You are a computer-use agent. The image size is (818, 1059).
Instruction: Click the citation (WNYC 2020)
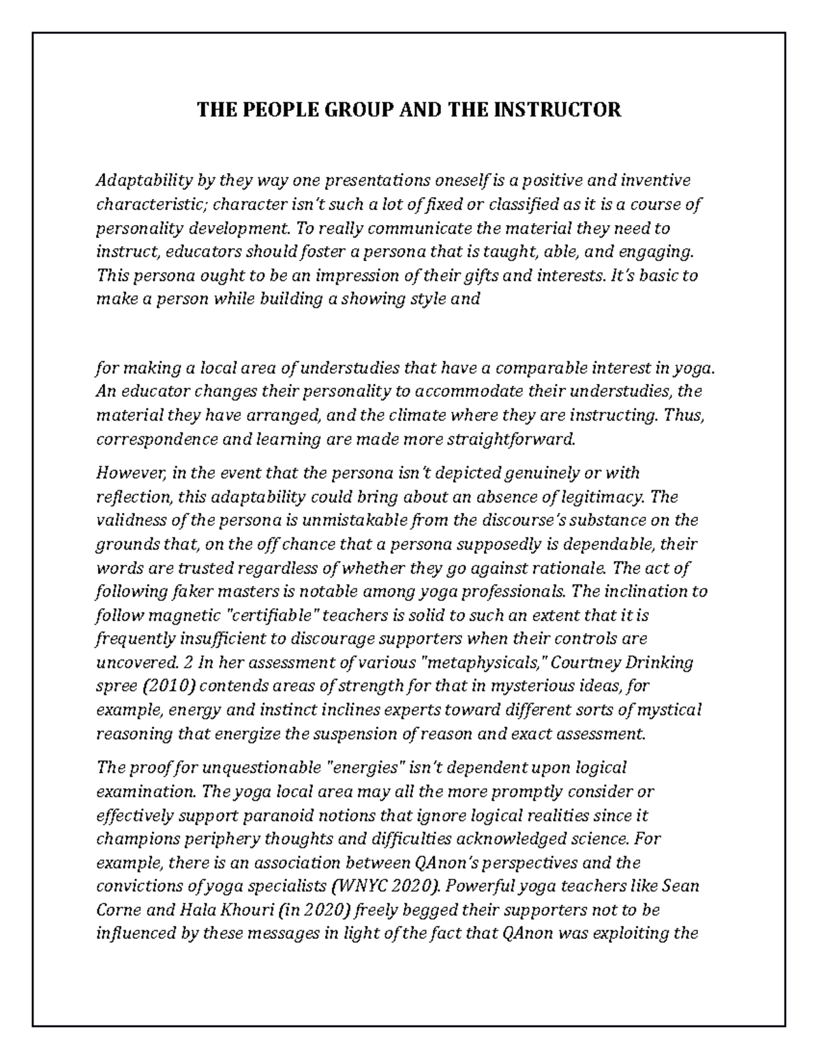click(x=385, y=886)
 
